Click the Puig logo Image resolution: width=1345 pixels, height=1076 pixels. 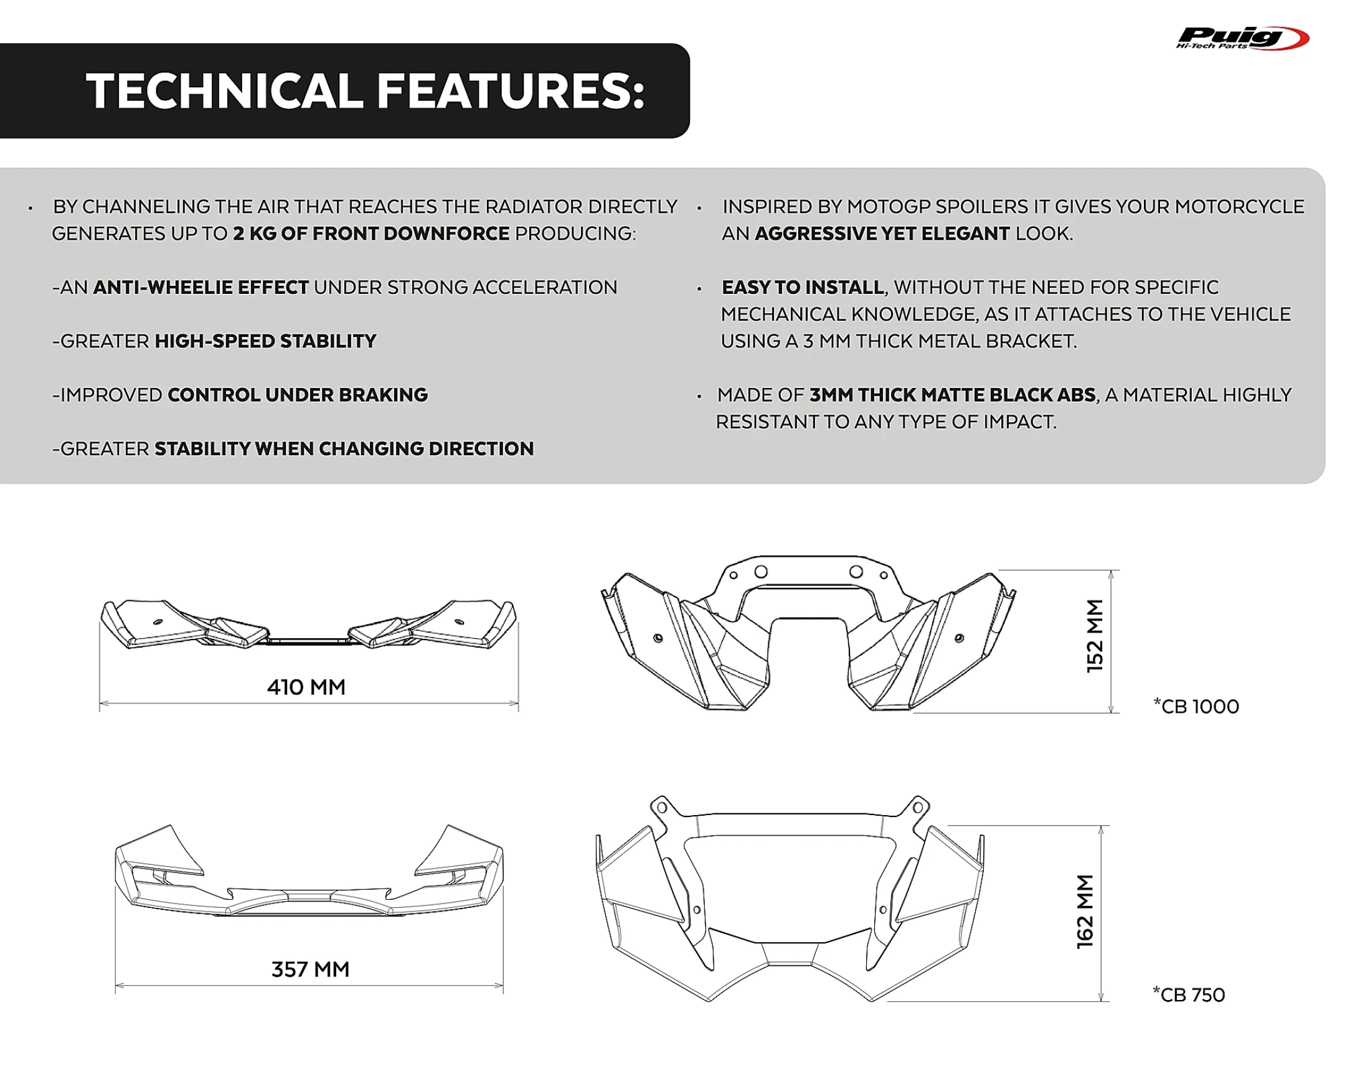pos(1241,38)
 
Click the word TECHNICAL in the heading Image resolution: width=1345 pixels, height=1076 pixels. pos(224,91)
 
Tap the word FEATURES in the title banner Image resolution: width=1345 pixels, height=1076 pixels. pos(510,91)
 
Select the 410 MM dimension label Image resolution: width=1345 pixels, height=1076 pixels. pos(306,687)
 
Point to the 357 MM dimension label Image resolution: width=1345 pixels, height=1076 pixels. pos(310,970)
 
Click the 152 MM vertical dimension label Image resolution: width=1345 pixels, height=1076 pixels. pos(1095,636)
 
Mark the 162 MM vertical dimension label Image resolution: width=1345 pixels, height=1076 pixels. pos(1085,912)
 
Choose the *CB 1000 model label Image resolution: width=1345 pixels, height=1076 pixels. pos(1196,707)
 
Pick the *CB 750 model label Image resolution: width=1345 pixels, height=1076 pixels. pos(1189,995)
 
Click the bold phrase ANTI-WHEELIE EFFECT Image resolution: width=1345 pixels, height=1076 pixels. pos(201,288)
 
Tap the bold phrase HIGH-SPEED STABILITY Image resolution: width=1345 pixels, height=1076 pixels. pos(265,341)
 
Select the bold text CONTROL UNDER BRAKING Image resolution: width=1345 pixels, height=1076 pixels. pos(298,395)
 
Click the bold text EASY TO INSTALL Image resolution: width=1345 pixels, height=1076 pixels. pos(802,288)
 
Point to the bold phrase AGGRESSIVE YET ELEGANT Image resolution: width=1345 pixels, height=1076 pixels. pos(882,234)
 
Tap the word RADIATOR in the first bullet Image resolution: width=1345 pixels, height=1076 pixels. pos(534,207)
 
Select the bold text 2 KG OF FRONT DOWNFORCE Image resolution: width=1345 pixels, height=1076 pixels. pos(371,234)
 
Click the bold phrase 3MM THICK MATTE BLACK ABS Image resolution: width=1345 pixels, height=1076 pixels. pos(952,395)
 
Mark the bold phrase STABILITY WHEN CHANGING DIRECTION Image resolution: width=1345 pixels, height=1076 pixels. pos(344,448)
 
